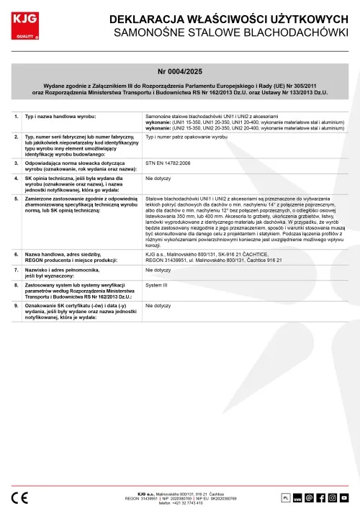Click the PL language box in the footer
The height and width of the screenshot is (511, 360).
(x=284, y=497)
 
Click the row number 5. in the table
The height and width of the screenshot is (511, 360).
(x=17, y=196)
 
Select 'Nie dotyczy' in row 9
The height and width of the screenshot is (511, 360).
(x=158, y=306)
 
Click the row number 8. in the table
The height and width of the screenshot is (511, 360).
(x=17, y=286)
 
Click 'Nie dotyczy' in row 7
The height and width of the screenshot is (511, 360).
(x=158, y=269)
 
